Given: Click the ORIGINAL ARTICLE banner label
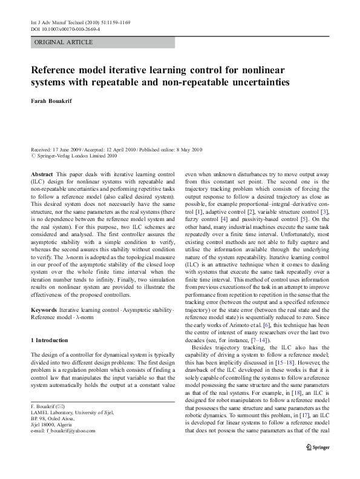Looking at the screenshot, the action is (64, 42).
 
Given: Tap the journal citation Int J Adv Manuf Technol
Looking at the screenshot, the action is (56, 22).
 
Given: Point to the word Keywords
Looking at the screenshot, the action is (44, 309).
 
